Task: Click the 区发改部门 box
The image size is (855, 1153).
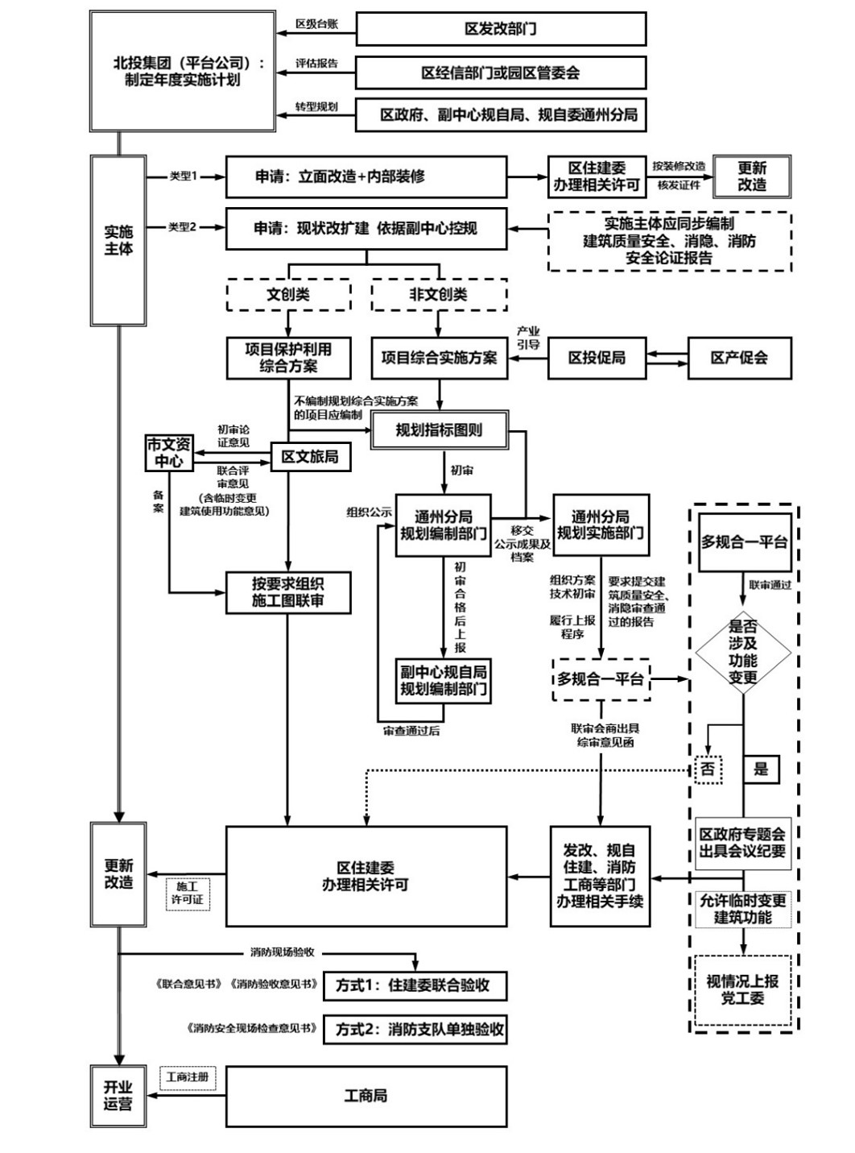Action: [501, 29]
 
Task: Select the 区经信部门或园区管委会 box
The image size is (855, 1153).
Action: [501, 73]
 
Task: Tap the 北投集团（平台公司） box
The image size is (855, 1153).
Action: [183, 72]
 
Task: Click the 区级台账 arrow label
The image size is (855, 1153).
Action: [316, 24]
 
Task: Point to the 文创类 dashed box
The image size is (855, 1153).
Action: [288, 295]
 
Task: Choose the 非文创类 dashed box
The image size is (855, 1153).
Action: [439, 295]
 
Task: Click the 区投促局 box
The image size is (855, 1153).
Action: [597, 358]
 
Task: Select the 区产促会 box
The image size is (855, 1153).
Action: [739, 358]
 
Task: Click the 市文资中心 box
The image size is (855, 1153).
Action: [169, 453]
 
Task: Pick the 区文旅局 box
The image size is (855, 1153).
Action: [310, 457]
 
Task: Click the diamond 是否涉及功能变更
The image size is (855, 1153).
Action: [743, 652]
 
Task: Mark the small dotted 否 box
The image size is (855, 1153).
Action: [708, 769]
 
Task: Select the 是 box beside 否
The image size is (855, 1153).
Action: [761, 769]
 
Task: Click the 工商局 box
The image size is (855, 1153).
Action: [366, 1096]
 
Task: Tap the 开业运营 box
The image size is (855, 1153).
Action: [118, 1096]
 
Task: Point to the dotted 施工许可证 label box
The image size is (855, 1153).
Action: [188, 893]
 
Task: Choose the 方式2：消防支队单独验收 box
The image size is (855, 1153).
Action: [415, 1029]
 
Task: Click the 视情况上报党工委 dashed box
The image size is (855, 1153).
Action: [742, 990]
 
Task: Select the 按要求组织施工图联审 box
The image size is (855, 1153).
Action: [288, 592]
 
